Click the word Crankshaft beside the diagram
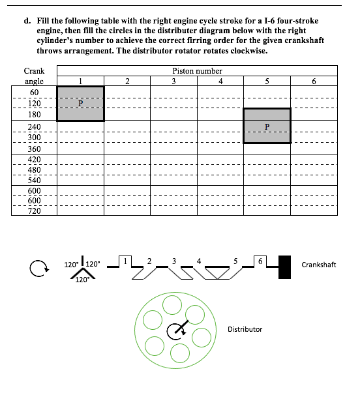point(319,265)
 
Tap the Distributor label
point(245,329)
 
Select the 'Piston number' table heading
point(197,71)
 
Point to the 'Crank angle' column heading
point(34,76)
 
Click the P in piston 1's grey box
point(80,103)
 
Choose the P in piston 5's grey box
point(267,126)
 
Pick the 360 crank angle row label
point(34,149)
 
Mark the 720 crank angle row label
point(34,211)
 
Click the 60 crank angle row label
point(34,92)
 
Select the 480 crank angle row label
point(34,170)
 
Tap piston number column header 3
point(173,81)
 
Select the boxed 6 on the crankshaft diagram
point(260,261)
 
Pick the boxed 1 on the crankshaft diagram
point(125,261)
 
